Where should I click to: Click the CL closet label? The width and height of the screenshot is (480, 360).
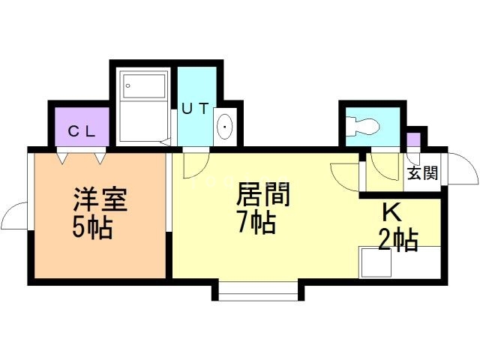(x=82, y=132)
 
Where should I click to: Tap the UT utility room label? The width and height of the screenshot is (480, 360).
(x=195, y=108)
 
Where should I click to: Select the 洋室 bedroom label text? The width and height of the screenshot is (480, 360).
(x=100, y=199)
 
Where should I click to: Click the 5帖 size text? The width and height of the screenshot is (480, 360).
(x=93, y=228)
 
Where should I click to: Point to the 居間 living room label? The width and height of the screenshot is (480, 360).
(x=263, y=194)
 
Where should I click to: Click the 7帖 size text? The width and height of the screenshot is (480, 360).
(x=257, y=223)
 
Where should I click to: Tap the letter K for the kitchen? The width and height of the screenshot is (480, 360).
(x=392, y=212)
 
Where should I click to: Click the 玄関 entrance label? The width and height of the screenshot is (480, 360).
(x=423, y=173)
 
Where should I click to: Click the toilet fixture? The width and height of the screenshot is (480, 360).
(x=363, y=126)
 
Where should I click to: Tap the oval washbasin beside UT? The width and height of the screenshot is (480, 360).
(x=225, y=127)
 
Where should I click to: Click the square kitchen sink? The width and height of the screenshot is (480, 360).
(x=376, y=262)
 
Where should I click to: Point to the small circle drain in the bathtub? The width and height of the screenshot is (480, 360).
(x=128, y=85)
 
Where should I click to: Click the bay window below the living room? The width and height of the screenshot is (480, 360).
(x=258, y=290)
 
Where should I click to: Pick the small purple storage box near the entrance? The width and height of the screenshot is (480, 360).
(x=413, y=139)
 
